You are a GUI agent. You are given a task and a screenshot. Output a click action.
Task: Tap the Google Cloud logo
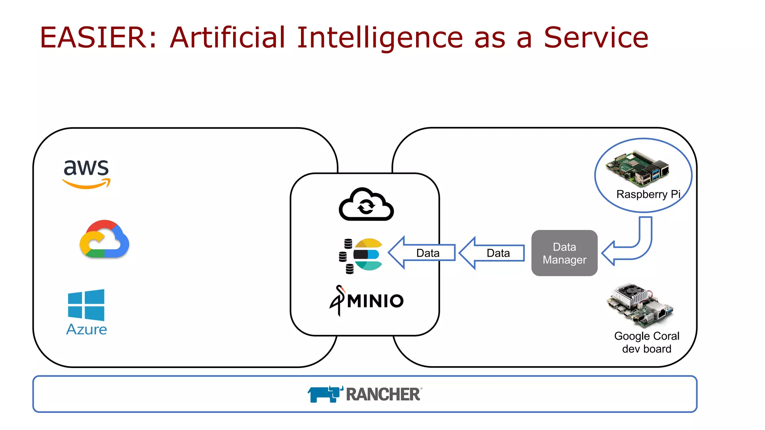104,239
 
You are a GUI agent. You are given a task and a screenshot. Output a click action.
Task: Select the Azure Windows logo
86,305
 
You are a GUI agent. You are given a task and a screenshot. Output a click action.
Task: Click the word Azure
86,330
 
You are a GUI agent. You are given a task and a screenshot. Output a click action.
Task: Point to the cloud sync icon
366,205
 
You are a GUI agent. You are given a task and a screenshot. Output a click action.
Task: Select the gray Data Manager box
564,253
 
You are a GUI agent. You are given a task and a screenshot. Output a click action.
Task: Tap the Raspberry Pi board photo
637,169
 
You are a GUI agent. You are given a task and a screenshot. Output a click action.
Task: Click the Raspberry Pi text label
648,194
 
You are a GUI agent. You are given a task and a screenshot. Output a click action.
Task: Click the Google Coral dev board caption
647,342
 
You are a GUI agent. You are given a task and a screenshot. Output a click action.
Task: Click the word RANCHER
383,395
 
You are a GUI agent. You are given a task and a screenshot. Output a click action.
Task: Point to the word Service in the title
596,38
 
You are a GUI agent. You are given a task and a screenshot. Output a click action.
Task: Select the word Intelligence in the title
380,38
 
